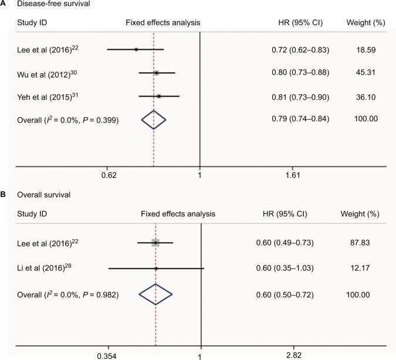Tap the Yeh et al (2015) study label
click(40, 96)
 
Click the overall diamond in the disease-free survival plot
click(154, 120)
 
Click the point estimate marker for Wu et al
click(156, 73)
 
